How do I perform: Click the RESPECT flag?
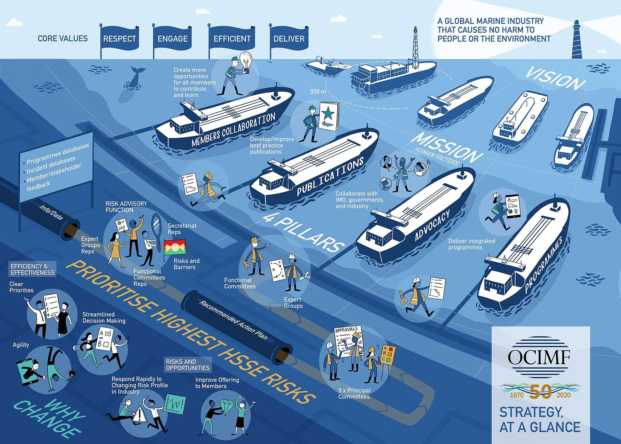pos(119,39)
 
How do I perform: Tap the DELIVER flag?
pos(289,39)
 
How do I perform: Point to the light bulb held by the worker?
pos(245,61)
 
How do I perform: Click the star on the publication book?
pos(328,113)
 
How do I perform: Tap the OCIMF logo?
pos(539,357)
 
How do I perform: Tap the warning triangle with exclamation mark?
pos(140,413)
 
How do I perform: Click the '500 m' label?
pos(318,92)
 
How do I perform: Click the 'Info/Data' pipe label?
pos(51,212)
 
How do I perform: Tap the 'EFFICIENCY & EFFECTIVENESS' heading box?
pos(32,269)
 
